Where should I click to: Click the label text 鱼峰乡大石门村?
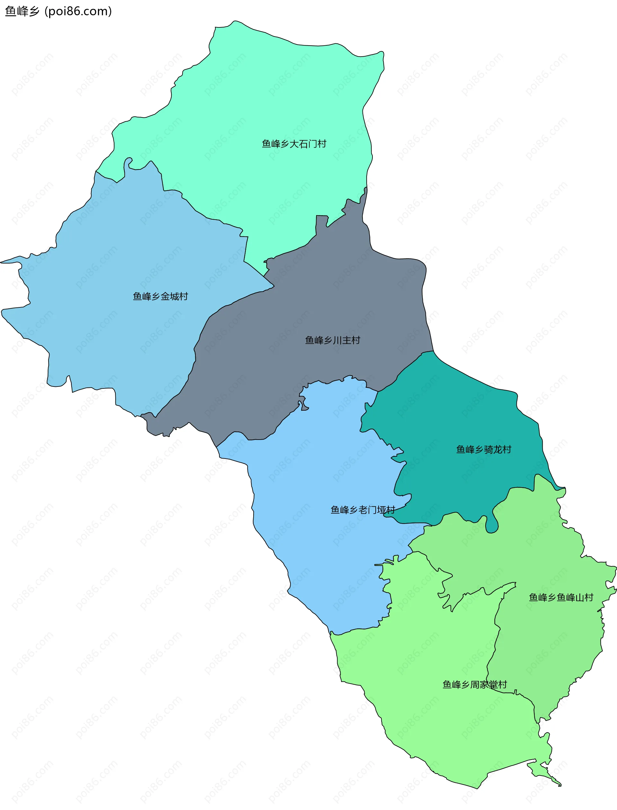tap(294, 144)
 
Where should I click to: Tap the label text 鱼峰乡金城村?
tap(160, 296)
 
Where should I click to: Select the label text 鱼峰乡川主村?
tap(332, 340)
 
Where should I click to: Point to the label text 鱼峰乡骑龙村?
tap(483, 449)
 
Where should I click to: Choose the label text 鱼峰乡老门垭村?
tap(362, 509)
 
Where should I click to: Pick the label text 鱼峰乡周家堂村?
tap(475, 684)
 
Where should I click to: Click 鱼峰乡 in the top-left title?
tap(22, 11)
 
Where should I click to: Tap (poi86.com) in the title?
tap(78, 11)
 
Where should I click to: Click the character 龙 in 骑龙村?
tap(498, 449)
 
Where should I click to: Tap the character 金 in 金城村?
tap(165, 296)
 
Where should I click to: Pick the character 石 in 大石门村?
tap(303, 144)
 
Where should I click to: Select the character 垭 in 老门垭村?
tap(381, 509)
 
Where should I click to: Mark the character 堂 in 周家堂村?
tap(493, 684)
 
